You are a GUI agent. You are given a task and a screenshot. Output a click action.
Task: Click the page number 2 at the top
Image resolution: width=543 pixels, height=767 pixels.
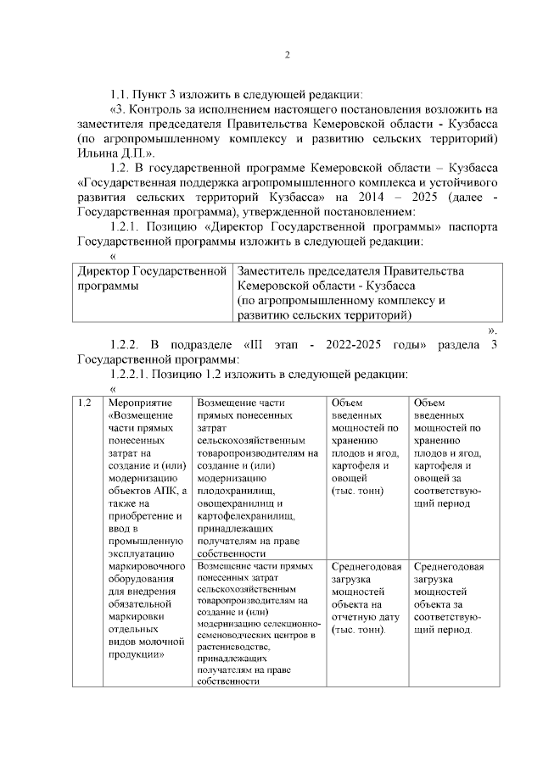(x=287, y=55)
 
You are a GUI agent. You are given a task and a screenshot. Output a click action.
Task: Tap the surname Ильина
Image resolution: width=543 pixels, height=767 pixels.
(x=98, y=155)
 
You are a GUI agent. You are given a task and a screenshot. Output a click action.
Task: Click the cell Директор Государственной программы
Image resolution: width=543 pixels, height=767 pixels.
(x=148, y=278)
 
